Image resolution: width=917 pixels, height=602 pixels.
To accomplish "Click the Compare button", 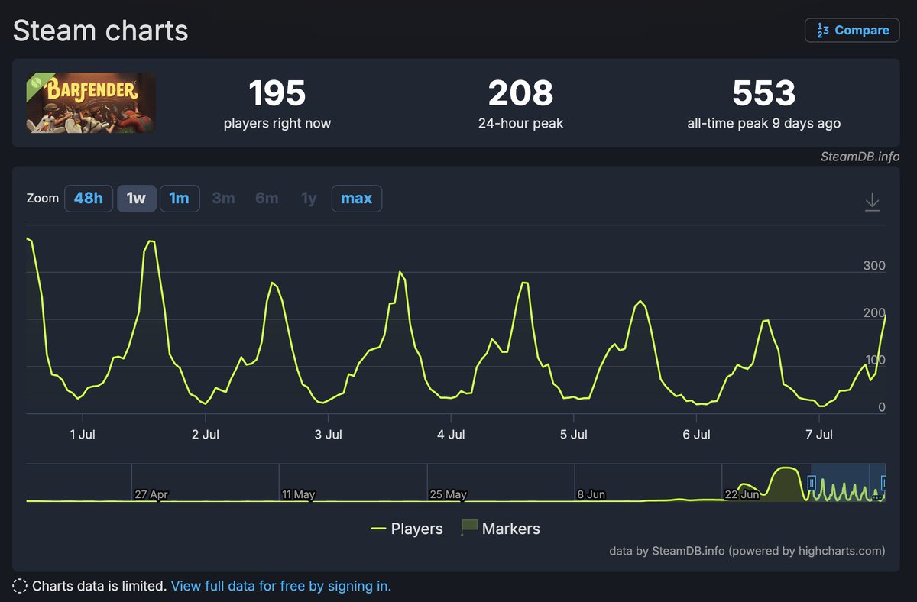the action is (x=852, y=31).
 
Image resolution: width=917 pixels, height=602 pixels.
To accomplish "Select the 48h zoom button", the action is (x=89, y=199).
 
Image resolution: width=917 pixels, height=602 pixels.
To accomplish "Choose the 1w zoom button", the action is (x=136, y=199).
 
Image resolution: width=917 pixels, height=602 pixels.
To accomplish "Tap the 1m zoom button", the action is (x=180, y=199).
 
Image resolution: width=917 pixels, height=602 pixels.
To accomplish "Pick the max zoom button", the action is (x=357, y=199).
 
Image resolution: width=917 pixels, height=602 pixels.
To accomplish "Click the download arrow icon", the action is (x=873, y=202).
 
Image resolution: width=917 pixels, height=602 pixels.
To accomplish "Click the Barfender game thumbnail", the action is (x=91, y=102).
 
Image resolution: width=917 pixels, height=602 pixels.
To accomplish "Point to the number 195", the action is (x=277, y=93).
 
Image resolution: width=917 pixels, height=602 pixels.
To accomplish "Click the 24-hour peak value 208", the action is (x=520, y=93).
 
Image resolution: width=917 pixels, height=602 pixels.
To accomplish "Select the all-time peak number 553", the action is (x=764, y=93).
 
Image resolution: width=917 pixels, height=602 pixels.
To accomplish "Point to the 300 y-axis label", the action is (x=874, y=266).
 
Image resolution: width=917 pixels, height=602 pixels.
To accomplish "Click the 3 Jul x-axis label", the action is (x=328, y=434).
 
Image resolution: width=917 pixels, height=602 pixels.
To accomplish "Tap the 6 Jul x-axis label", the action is (x=696, y=434).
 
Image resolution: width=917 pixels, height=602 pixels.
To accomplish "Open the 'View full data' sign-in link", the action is (x=281, y=586).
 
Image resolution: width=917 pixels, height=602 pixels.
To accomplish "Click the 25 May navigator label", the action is (x=448, y=494).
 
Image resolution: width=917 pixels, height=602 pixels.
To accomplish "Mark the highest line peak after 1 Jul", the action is (x=151, y=241).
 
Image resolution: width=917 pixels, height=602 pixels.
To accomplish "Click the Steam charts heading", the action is (x=100, y=31).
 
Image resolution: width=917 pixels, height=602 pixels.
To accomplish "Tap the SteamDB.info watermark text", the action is (x=860, y=157).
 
